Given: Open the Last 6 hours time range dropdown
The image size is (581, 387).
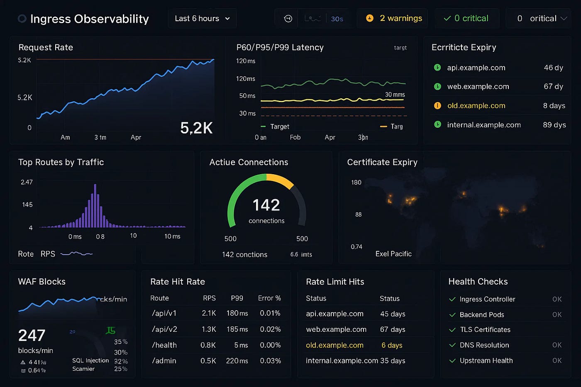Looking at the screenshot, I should tap(202, 19).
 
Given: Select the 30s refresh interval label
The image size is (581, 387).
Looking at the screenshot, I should tap(337, 19).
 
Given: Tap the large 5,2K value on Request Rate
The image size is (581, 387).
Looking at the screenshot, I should tap(196, 128).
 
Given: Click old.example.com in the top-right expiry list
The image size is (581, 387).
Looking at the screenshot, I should tap(476, 106).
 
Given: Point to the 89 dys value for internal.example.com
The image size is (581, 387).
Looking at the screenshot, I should tap(554, 125).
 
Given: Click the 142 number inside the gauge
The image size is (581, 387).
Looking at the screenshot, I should tap(266, 205).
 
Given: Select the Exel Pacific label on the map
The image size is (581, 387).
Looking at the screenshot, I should tap(393, 254).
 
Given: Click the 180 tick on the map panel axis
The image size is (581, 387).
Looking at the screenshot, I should tap(356, 183).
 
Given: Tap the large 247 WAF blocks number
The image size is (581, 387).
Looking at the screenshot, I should tap(32, 335).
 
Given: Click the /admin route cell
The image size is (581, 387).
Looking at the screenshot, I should tap(164, 361).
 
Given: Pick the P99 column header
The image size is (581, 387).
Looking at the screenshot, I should tap(237, 298).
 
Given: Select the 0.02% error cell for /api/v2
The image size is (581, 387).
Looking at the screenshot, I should tap(270, 329).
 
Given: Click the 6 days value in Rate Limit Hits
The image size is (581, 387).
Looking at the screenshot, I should tap(392, 345).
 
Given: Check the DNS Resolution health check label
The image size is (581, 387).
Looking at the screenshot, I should tap(484, 345).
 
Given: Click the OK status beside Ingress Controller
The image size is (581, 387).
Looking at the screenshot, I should tap(557, 299).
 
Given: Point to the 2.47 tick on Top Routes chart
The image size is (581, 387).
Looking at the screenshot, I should tap(27, 182).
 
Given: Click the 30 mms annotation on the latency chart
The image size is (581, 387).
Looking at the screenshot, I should tap(395, 95).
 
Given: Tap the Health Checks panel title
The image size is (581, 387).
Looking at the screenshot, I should tap(478, 282).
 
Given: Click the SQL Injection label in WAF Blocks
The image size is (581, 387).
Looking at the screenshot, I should tap(90, 360).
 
